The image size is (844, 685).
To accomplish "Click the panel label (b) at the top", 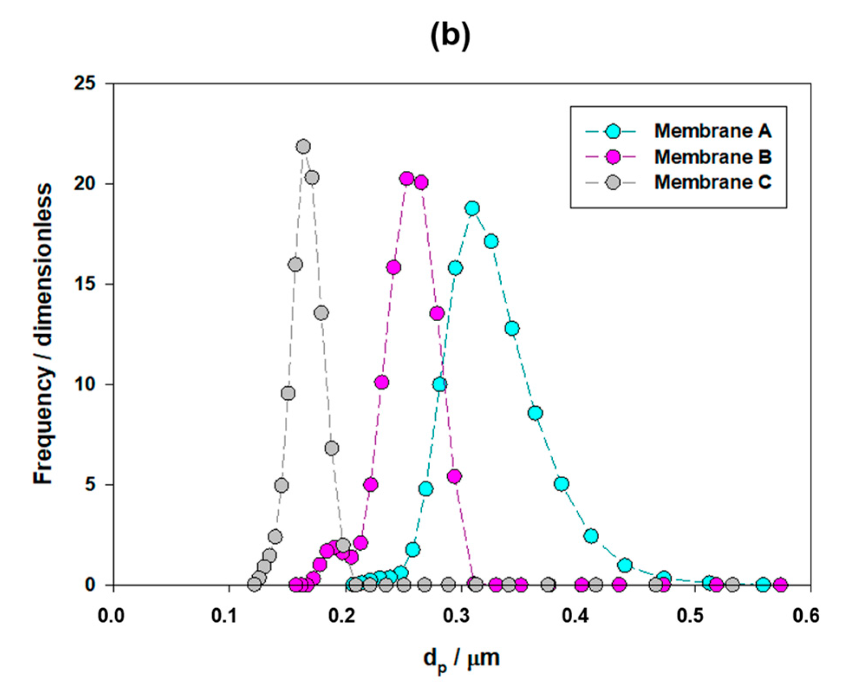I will click(x=450, y=36).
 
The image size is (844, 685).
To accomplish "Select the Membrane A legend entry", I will click(x=712, y=131).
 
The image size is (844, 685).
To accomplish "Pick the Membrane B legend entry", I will click(x=712, y=157).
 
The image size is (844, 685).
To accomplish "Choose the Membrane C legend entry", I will click(x=712, y=182).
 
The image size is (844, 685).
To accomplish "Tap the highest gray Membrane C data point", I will click(x=303, y=147).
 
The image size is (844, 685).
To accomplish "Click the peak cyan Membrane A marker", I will click(x=472, y=209).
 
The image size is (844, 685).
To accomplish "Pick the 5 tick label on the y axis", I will click(x=91, y=485).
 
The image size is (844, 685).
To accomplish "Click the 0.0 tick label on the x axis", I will click(x=111, y=616).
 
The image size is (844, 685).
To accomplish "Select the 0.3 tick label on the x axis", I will click(x=460, y=616).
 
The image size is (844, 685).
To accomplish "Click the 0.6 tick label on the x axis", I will click(x=807, y=616).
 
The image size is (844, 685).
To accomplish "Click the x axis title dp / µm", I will click(x=461, y=659).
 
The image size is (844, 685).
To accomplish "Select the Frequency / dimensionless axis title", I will click(x=43, y=334).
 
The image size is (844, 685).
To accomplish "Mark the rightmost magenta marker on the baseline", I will click(x=780, y=585).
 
